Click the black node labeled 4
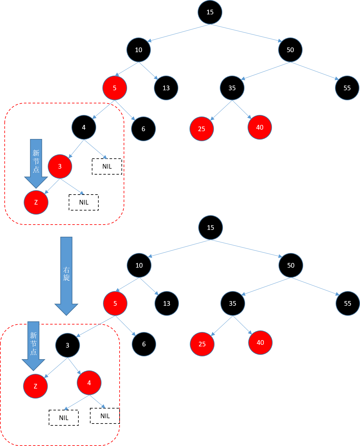84,127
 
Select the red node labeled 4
89,383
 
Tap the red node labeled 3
60,166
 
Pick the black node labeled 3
67,345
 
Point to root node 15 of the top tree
210,12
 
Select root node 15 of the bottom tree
210,228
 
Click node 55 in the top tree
347,88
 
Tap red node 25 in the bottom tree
202,344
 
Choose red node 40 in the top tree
260,127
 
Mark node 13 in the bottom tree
167,304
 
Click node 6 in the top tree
143,129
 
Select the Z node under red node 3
36,202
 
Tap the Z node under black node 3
35,386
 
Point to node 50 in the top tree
290,50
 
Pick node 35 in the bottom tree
233,304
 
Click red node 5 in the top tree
115,88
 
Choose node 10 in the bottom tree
139,265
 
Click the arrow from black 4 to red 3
76,149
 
